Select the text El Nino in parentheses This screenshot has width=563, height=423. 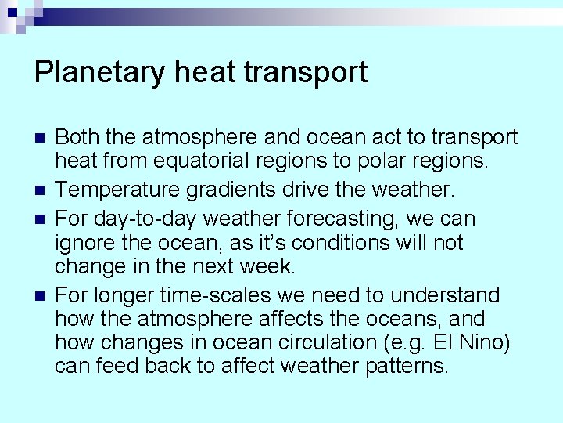[439, 343]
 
